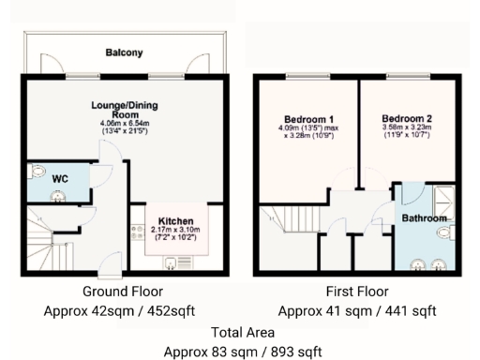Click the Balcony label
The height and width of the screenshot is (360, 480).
[124, 53]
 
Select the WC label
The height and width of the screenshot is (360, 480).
[59, 178]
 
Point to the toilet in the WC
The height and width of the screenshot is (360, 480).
[37, 172]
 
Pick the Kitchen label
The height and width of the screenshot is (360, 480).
[176, 220]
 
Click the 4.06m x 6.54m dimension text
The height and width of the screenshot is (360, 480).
[124, 124]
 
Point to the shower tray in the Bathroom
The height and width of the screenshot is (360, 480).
[441, 198]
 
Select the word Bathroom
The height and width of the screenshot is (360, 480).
[424, 217]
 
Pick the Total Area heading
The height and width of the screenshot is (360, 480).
[242, 332]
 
